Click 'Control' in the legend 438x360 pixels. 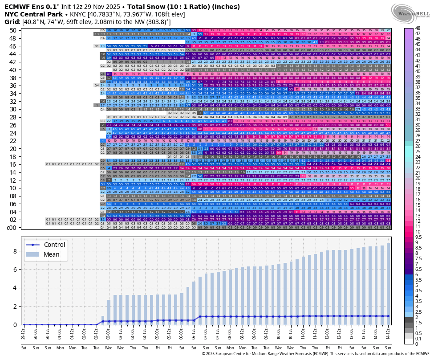coord(55,245)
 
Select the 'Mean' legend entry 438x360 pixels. coord(52,254)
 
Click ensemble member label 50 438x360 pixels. coord(13,30)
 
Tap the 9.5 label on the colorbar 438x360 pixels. coord(418,237)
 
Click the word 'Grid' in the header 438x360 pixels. coord(12,21)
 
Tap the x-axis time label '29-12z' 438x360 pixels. coord(24,333)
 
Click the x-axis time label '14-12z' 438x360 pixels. coord(389,333)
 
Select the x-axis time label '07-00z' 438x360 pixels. coord(206,333)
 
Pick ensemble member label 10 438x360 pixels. coord(13,188)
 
